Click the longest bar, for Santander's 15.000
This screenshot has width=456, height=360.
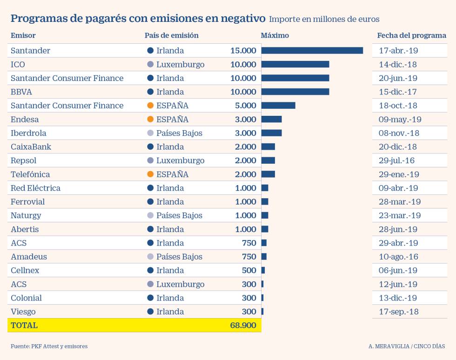click(x=312, y=51)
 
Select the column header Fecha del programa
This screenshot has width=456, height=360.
click(x=411, y=35)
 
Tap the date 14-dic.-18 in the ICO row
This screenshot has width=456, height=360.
click(x=398, y=64)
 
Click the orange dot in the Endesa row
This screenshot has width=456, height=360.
click(x=150, y=120)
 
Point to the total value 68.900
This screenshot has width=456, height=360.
click(x=243, y=326)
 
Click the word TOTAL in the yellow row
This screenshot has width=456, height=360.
click(x=24, y=326)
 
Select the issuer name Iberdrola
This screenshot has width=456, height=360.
click(x=28, y=133)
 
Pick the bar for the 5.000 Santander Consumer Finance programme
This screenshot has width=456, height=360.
click(x=278, y=106)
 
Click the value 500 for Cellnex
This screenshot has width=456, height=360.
click(x=249, y=271)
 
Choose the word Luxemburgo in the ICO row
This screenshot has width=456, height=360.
click(x=180, y=64)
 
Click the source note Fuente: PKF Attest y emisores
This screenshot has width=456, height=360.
click(x=49, y=347)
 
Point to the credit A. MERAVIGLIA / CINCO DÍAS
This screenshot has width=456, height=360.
click(x=406, y=347)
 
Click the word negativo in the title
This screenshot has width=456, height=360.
click(x=237, y=19)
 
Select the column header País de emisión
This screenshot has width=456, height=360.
click(x=171, y=35)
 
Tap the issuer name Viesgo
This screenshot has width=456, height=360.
click(x=23, y=312)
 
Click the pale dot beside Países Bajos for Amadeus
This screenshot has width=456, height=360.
click(x=150, y=257)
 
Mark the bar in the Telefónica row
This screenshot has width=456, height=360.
click(x=268, y=174)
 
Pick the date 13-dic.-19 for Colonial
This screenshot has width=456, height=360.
click(x=398, y=298)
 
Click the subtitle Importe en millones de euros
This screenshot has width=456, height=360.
click(x=324, y=19)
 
